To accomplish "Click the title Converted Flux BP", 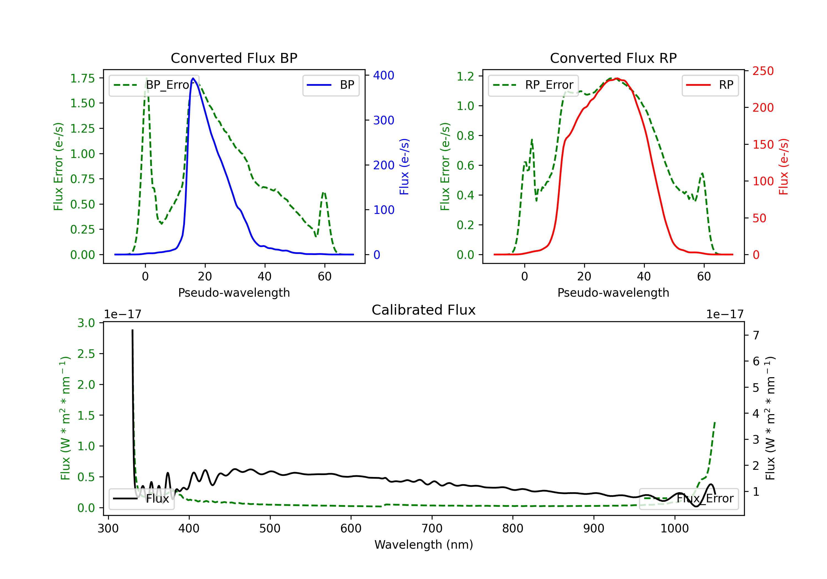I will click(x=234, y=58).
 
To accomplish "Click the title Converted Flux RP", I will click(x=613, y=58).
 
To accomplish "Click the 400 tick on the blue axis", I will click(x=384, y=75).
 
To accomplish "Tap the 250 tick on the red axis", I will click(x=763, y=71).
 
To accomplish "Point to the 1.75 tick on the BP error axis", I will click(x=82, y=78).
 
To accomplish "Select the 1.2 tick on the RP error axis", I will click(x=465, y=76).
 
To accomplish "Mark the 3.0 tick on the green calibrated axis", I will click(x=86, y=323).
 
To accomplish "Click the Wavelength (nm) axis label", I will click(x=424, y=545).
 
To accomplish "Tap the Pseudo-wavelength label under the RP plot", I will click(x=613, y=293).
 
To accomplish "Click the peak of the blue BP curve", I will click(x=193, y=78).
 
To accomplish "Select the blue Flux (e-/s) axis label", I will click(x=404, y=167).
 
